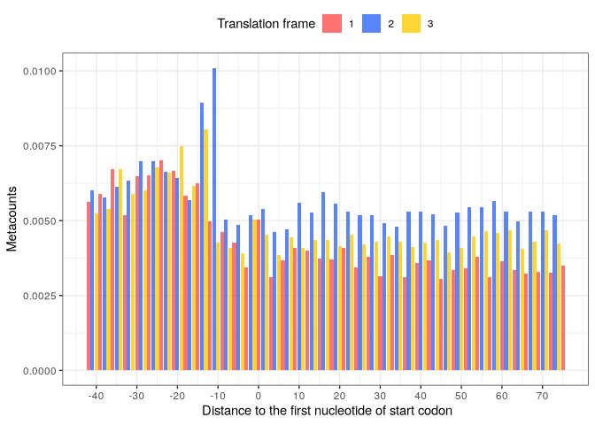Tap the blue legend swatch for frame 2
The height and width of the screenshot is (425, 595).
click(x=371, y=24)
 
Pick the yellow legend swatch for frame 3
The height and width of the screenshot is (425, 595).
click(x=411, y=24)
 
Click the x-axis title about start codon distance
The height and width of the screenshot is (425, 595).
click(x=327, y=412)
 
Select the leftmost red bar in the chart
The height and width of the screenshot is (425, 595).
click(x=89, y=286)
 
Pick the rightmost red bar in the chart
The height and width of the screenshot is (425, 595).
click(x=563, y=318)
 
